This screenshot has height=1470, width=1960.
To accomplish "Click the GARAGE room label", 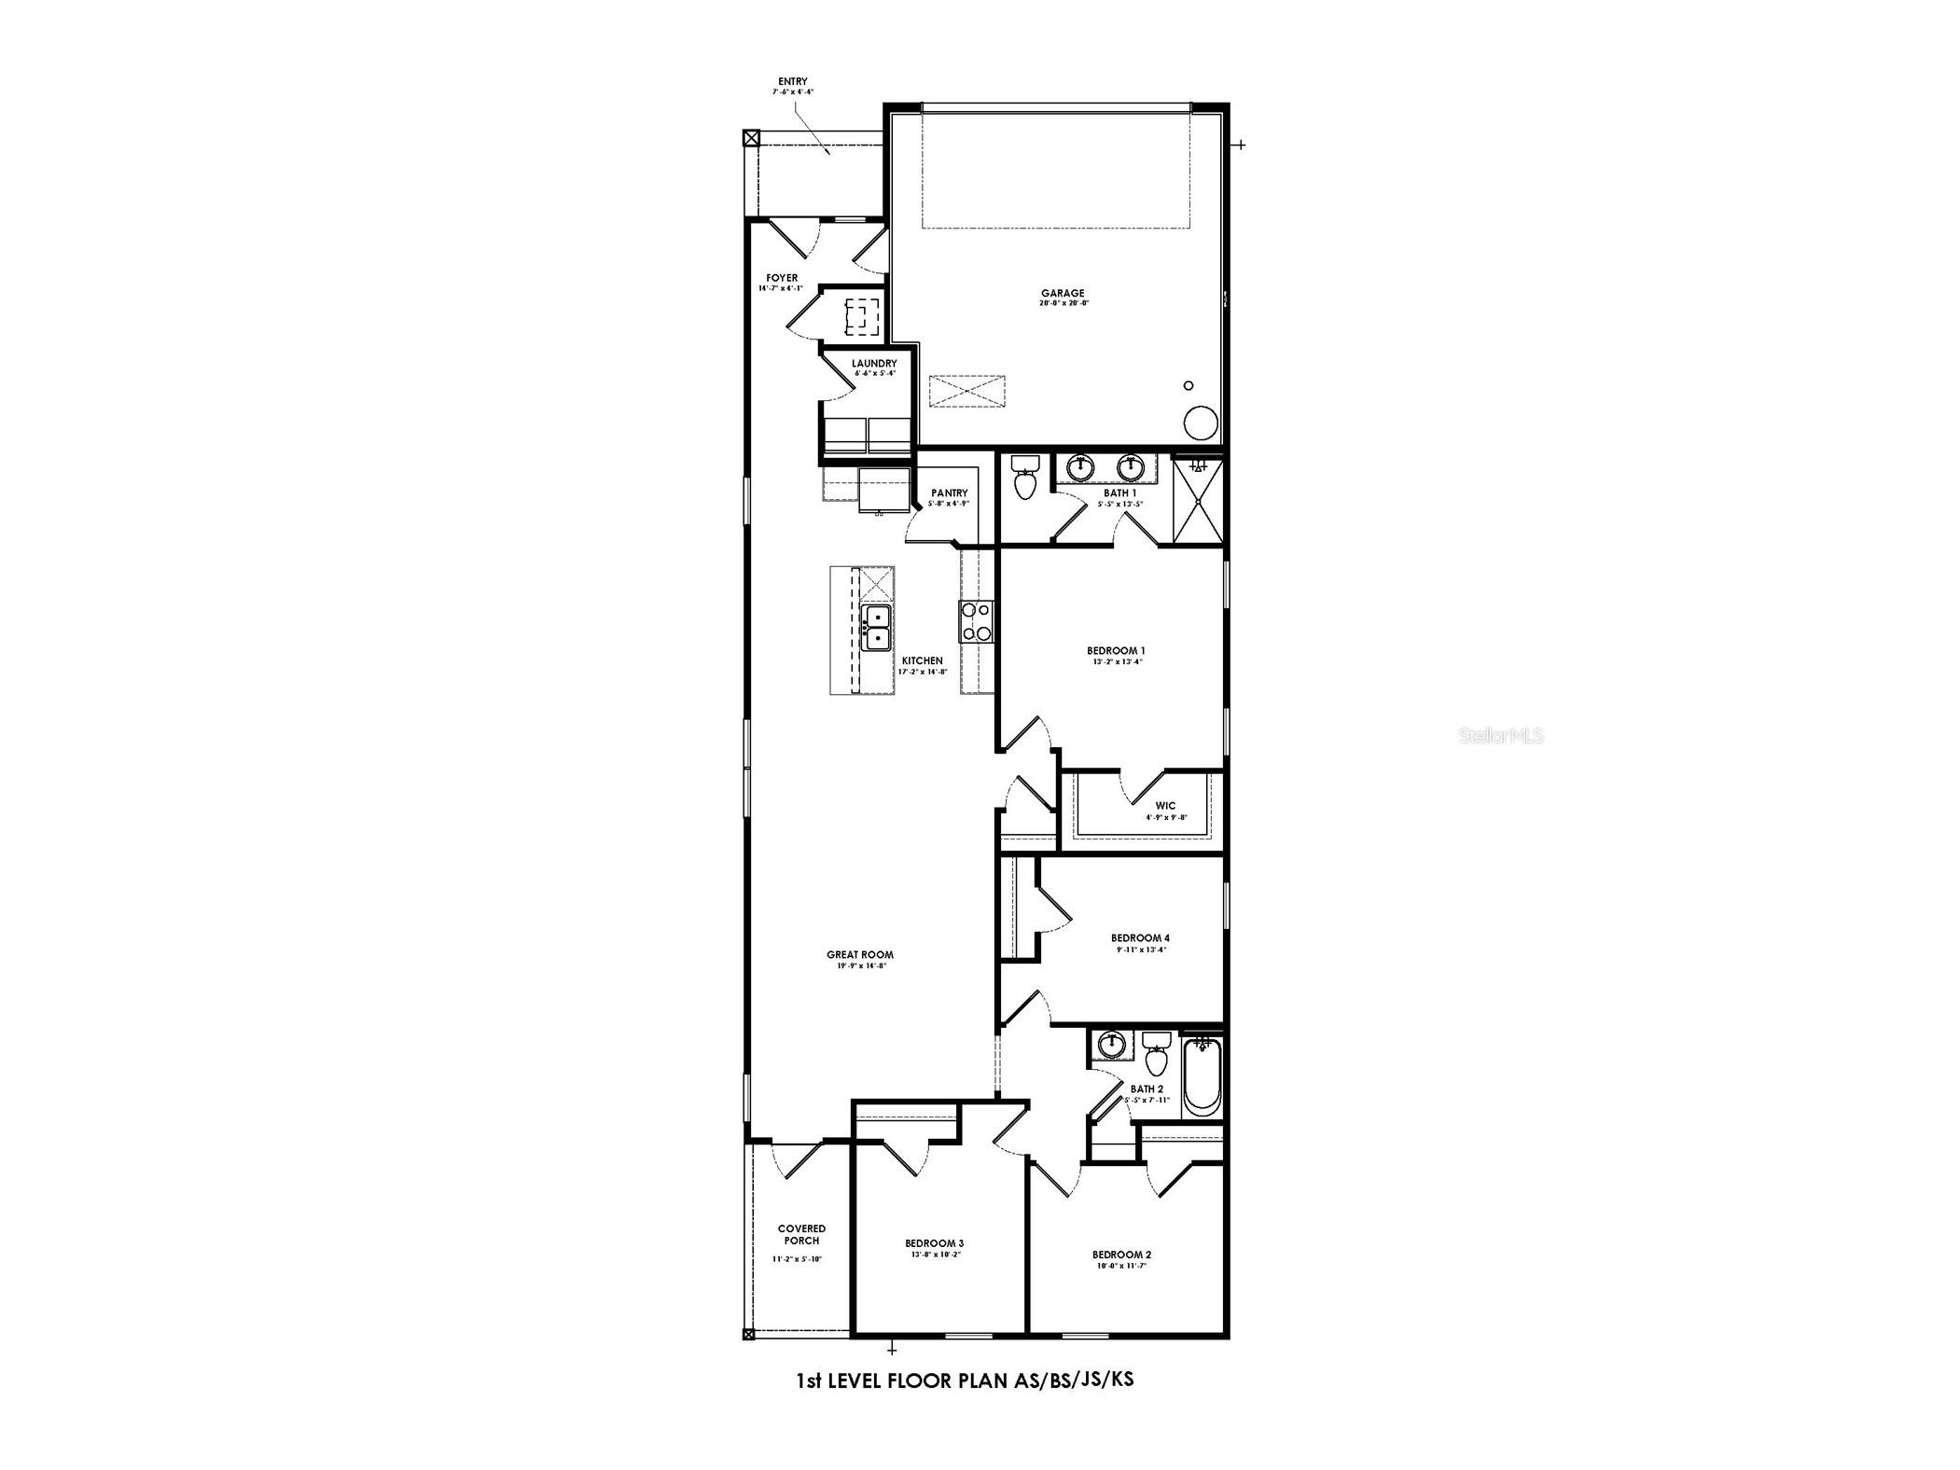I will (x=1063, y=293).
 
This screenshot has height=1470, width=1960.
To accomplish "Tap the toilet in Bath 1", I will (x=1024, y=477).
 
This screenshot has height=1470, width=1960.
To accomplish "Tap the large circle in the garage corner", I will (x=1201, y=423).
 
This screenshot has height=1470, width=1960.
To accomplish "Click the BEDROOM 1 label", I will (x=1116, y=650).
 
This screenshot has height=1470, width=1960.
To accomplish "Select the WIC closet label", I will (x=1165, y=805).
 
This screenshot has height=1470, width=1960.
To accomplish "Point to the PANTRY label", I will (x=950, y=492).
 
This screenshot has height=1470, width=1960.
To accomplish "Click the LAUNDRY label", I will (x=874, y=363).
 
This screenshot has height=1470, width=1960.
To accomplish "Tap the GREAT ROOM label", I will (x=860, y=954).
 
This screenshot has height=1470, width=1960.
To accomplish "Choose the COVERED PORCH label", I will (x=801, y=1234).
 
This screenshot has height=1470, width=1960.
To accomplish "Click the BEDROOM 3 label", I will (x=934, y=1242).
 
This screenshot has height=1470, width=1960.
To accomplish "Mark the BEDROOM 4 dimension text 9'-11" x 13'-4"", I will (x=1140, y=950).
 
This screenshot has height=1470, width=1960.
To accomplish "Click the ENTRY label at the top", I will (x=793, y=81).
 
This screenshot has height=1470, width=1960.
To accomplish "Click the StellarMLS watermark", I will (x=1500, y=736).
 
